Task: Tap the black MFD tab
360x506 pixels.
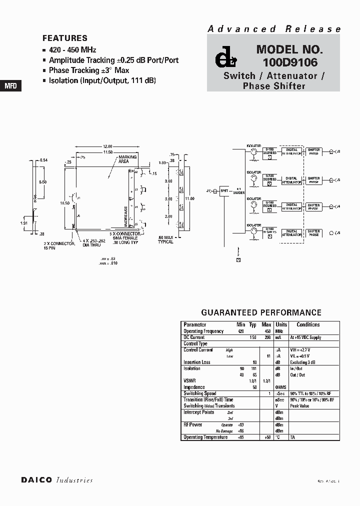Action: coord(11,85)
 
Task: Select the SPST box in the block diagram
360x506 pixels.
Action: coord(224,191)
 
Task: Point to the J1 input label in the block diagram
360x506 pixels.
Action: coord(209,190)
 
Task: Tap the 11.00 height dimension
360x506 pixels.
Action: coord(189,198)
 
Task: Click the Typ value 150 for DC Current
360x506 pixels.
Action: coord(253,337)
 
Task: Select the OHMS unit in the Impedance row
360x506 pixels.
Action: coord(281,387)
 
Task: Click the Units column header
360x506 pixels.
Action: coord(281,324)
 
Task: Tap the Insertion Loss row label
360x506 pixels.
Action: coord(197,362)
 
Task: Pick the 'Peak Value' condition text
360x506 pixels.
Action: coord(300,406)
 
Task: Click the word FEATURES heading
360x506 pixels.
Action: coord(65,38)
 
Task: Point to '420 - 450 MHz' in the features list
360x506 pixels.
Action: coord(72,50)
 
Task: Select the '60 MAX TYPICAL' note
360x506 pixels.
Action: coord(165,239)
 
